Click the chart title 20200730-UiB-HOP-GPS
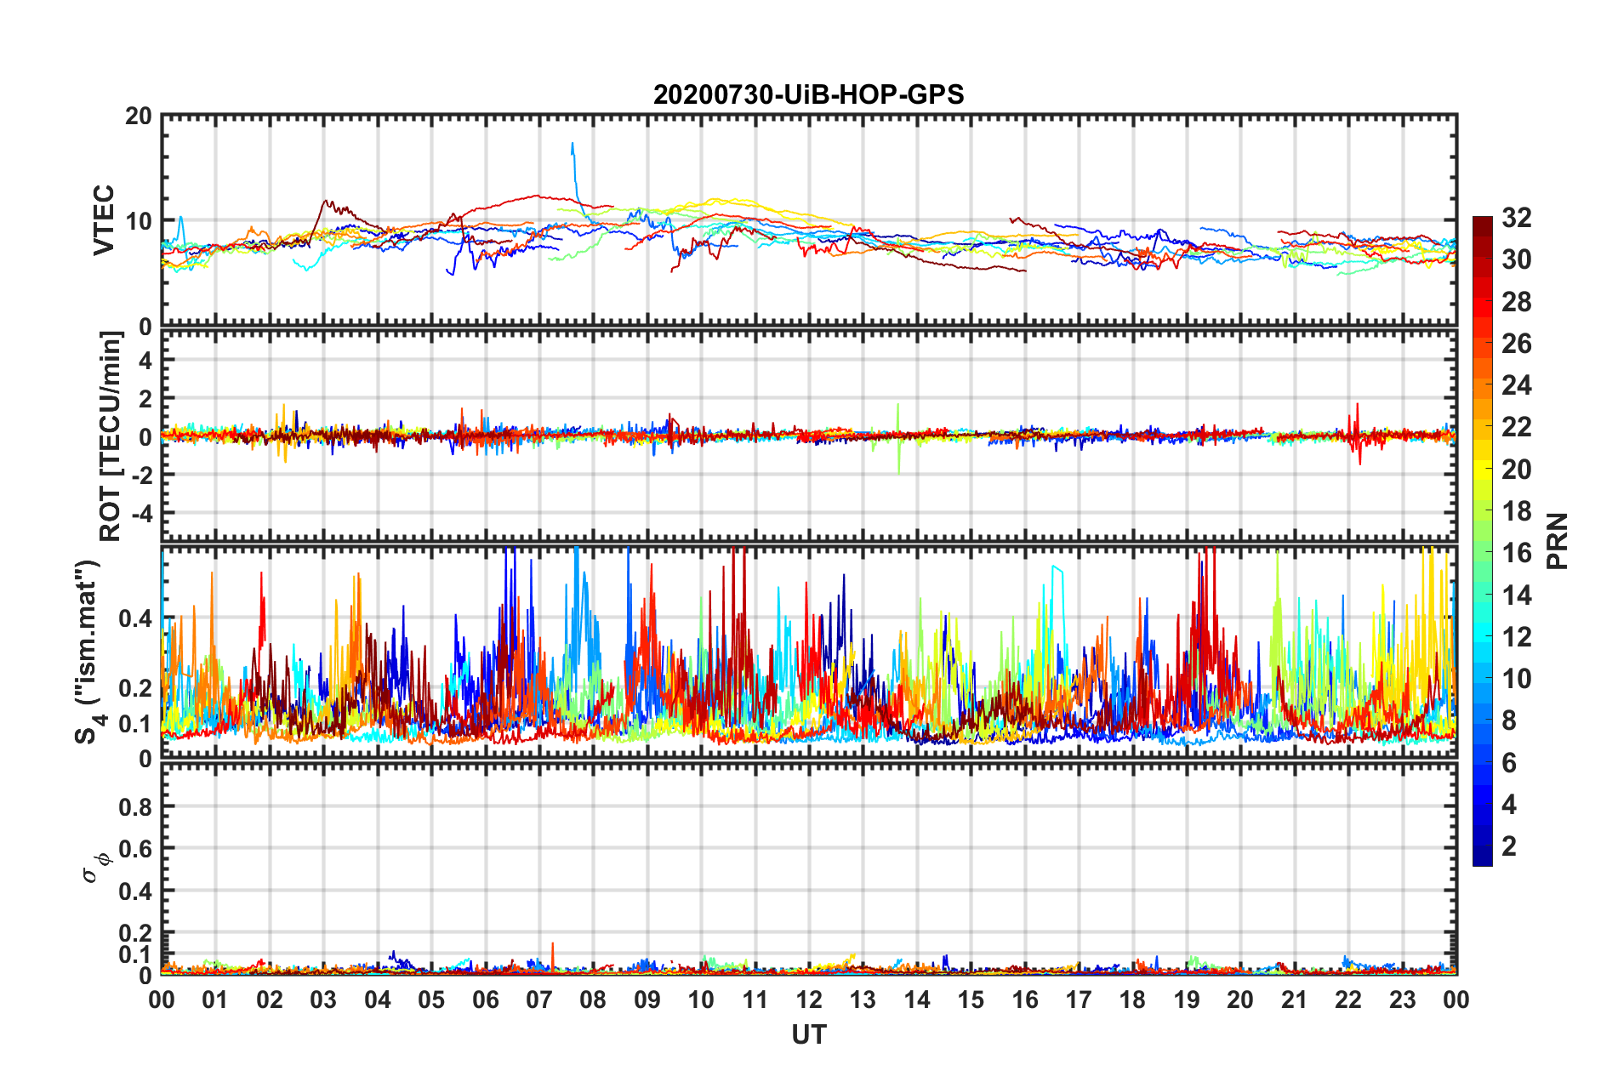click(x=808, y=94)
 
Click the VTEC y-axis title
click(x=104, y=220)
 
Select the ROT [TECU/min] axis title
click(x=111, y=436)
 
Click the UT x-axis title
click(x=808, y=1034)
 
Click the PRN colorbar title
click(x=1558, y=541)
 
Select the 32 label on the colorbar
click(x=1516, y=218)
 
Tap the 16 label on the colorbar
click(x=1516, y=553)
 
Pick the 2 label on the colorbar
click(x=1509, y=846)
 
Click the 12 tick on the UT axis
click(x=809, y=999)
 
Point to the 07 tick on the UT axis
click(x=539, y=999)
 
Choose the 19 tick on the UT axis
click(x=1187, y=999)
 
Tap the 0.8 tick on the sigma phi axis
click(x=137, y=806)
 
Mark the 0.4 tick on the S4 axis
click(x=137, y=618)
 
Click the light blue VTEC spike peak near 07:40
click(x=572, y=144)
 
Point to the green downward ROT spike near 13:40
click(x=898, y=470)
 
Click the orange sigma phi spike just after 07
click(x=552, y=944)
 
